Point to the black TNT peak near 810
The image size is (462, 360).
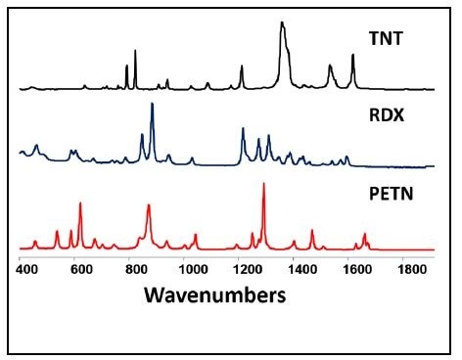pyautogui.click(x=135, y=51)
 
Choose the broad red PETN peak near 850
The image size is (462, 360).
pyautogui.click(x=148, y=206)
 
